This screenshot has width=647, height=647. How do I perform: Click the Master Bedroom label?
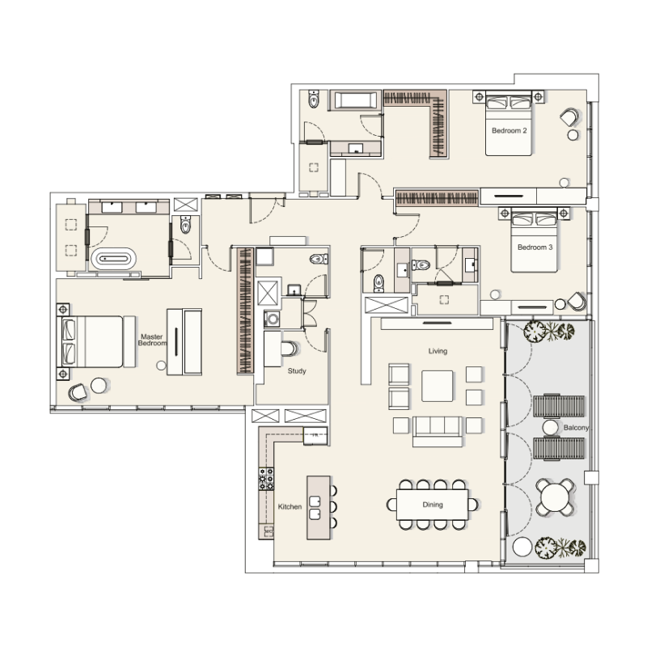153,340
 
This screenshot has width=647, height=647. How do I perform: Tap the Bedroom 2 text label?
509,130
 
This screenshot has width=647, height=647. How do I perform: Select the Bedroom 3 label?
535,247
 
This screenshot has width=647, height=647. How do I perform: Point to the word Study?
297,371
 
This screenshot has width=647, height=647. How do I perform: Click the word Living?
438,351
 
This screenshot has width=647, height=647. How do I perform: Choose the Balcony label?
555,426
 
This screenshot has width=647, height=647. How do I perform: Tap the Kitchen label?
290,506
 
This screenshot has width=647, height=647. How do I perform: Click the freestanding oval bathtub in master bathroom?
113,260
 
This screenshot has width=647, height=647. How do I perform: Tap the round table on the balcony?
556,496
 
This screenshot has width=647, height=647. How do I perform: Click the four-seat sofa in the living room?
438,429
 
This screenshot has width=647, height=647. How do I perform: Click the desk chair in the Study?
290,348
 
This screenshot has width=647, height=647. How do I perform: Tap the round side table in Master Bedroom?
99,385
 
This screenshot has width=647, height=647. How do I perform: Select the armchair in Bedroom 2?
569,119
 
